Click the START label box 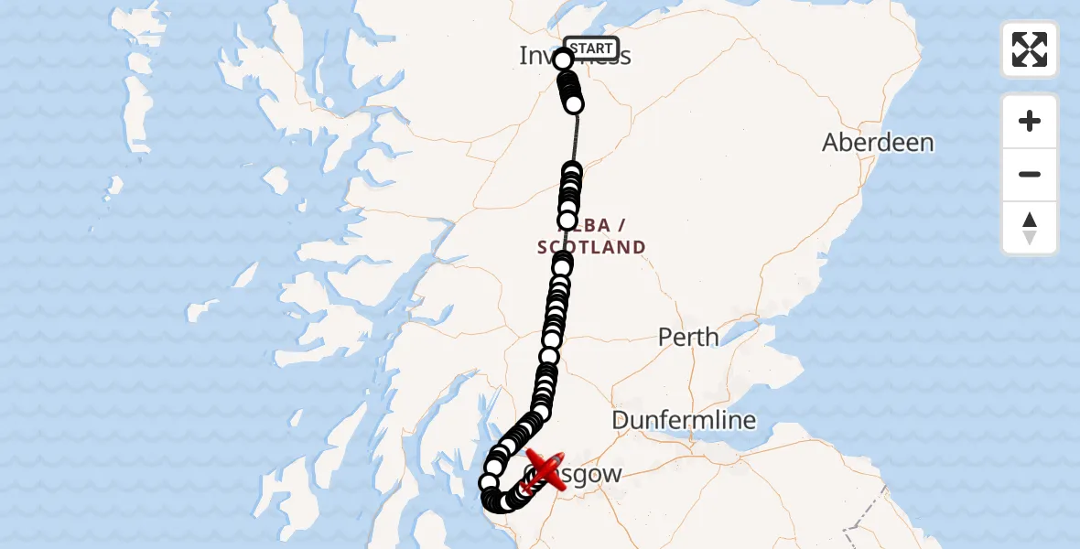(x=590, y=48)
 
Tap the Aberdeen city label (x=878, y=143)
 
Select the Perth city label (x=688, y=337)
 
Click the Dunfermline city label (x=684, y=420)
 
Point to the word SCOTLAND (x=591, y=247)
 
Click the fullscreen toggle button (x=1029, y=49)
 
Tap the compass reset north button (x=1029, y=228)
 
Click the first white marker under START (x=563, y=60)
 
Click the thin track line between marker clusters (x=575, y=137)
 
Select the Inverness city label (x=540, y=56)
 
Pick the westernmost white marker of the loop (x=489, y=482)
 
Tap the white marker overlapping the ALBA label (x=567, y=221)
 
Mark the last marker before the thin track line (x=574, y=104)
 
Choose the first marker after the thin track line (x=572, y=170)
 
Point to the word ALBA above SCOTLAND (x=604, y=225)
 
